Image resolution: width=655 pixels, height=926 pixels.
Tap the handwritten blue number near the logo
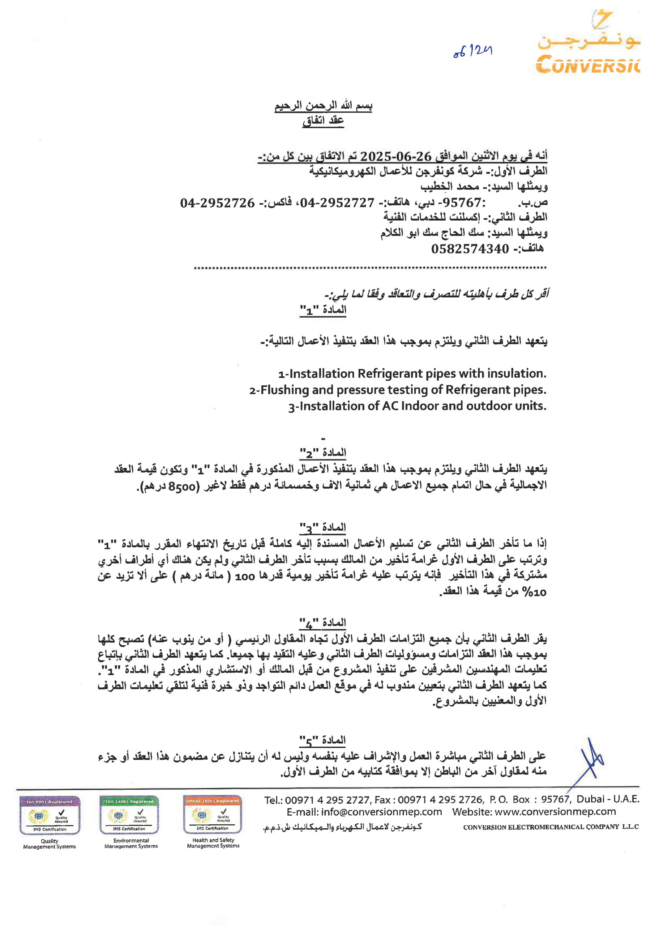point(472,52)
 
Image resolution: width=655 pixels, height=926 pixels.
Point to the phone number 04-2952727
point(337,203)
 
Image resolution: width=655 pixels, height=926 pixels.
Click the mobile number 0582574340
point(470,249)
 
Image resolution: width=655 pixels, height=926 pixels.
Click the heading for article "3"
point(323,528)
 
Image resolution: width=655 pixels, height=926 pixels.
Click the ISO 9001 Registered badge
point(50,815)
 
